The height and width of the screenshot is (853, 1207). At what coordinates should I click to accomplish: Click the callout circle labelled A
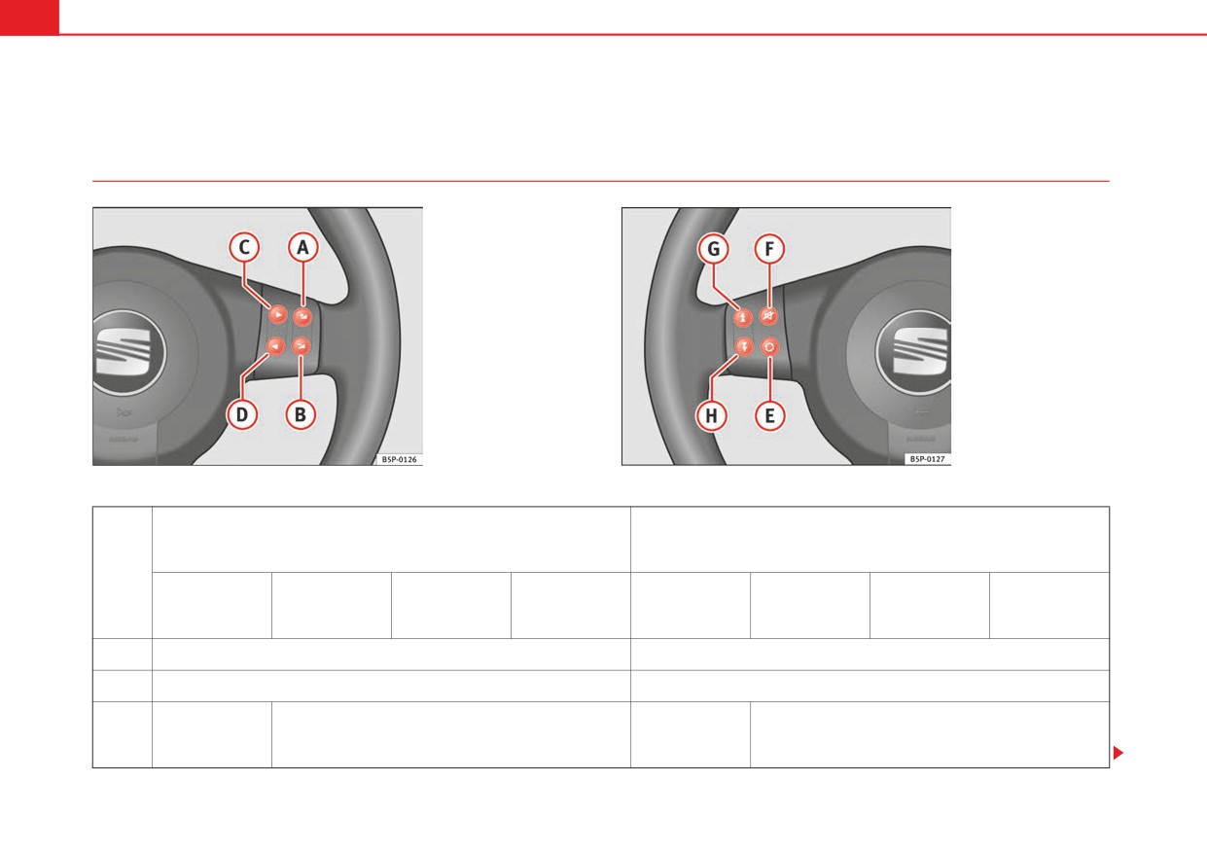pos(302,247)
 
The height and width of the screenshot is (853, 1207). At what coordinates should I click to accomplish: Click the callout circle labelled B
pos(301,414)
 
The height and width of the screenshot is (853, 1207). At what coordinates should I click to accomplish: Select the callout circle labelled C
pos(244,247)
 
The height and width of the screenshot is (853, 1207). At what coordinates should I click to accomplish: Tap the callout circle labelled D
pos(242,414)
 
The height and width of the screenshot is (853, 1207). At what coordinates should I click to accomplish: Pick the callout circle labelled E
pos(769,415)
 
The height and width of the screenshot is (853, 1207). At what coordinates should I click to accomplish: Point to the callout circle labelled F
pos(769,249)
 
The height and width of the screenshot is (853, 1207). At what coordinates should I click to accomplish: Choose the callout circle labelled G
pos(713,249)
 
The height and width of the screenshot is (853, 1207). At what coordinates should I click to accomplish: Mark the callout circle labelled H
pos(711,415)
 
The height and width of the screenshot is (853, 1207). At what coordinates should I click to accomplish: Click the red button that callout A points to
pos(302,316)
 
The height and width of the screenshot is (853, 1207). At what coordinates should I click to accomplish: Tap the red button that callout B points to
pos(301,345)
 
